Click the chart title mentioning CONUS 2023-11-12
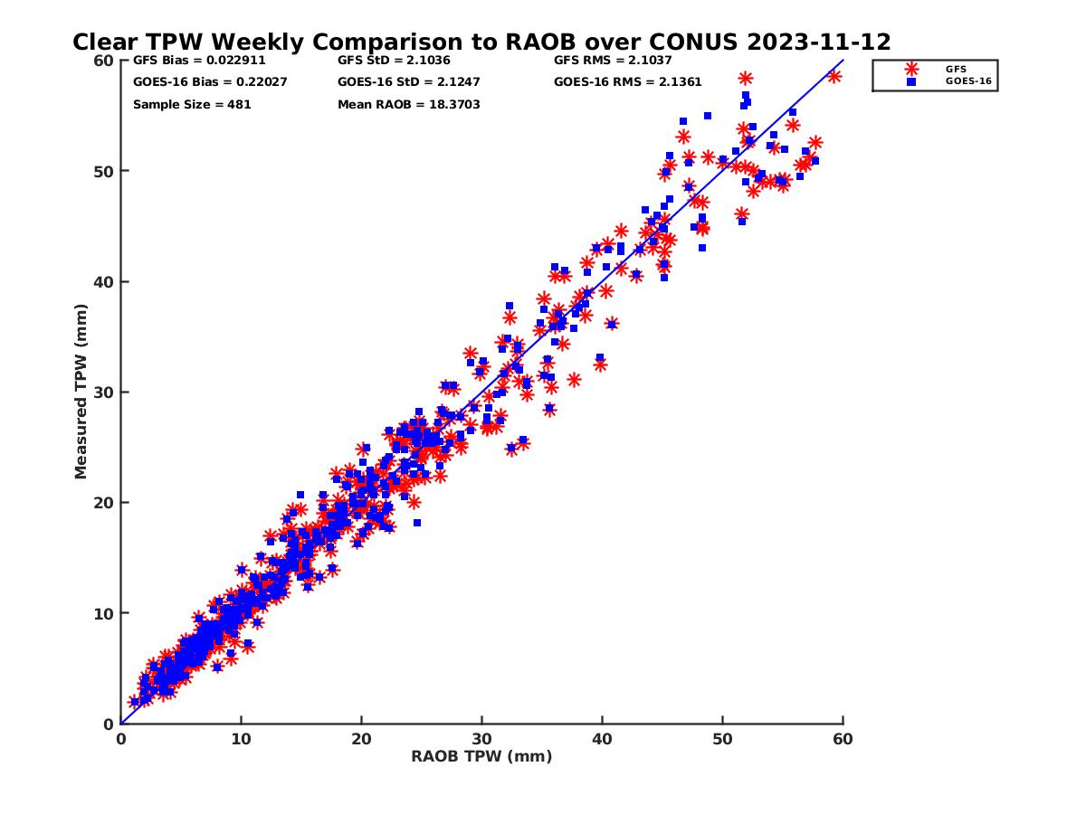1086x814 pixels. pyautogui.click(x=481, y=43)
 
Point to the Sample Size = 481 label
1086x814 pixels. pyautogui.click(x=192, y=105)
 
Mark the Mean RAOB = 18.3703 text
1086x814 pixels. pyautogui.click(x=408, y=105)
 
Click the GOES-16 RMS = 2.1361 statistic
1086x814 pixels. pyautogui.click(x=627, y=82)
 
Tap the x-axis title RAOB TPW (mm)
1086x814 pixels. pyautogui.click(x=481, y=757)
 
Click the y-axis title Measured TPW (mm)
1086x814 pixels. pyautogui.click(x=81, y=391)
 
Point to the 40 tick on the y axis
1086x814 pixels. pyautogui.click(x=103, y=281)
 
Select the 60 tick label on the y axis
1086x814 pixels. pyautogui.click(x=103, y=61)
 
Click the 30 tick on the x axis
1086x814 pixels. pyautogui.click(x=481, y=739)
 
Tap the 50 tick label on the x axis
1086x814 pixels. pyautogui.click(x=722, y=739)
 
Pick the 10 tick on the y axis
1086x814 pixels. pyautogui.click(x=103, y=613)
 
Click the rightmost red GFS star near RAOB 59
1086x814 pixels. pyautogui.click(x=834, y=77)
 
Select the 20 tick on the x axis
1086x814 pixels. pyautogui.click(x=361, y=739)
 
